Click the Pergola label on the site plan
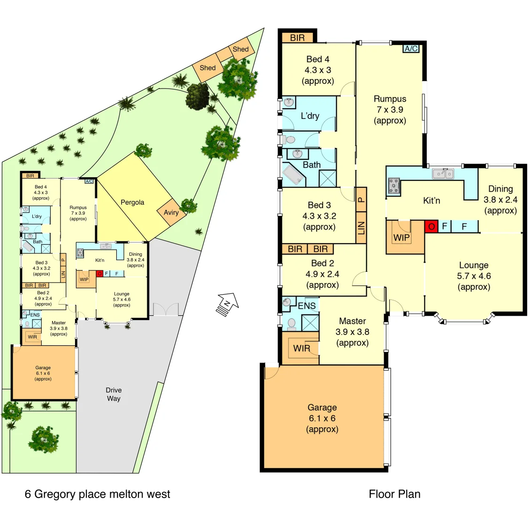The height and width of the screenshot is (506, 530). [x=132, y=202]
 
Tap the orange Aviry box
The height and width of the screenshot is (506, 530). [x=171, y=213]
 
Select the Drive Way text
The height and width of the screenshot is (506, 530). [x=114, y=394]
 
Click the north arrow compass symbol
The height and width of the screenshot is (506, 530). [x=227, y=305]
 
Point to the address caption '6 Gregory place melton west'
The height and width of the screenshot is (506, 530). [x=98, y=494]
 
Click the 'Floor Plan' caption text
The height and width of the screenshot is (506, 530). [x=394, y=494]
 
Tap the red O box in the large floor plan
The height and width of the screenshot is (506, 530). [x=431, y=227]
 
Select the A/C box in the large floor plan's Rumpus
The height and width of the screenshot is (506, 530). [x=411, y=49]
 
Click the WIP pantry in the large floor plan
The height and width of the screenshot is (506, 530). [x=401, y=237]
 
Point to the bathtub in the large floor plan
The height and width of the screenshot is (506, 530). [x=293, y=175]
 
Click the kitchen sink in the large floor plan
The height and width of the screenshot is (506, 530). [x=443, y=174]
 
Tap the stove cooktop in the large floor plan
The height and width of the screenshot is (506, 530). [x=393, y=186]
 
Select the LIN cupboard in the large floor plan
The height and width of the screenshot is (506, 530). [x=361, y=228]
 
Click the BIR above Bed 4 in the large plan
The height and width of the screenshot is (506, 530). [x=297, y=38]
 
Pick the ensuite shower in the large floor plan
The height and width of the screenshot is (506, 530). [x=310, y=323]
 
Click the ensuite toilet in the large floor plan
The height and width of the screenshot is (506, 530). [x=291, y=323]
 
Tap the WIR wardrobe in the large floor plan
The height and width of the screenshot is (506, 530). [x=302, y=348]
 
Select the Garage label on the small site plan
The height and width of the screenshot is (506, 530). [x=43, y=373]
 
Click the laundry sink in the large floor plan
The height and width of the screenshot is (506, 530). [x=288, y=102]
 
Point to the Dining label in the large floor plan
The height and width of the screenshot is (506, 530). [x=500, y=189]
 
